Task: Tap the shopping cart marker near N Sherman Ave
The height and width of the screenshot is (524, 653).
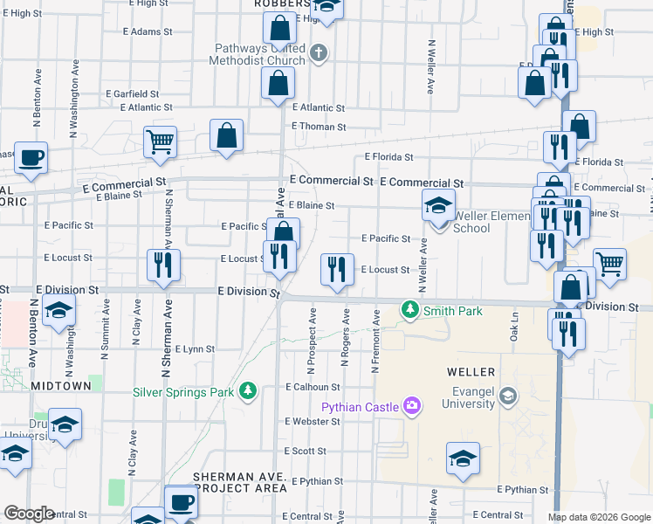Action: coord(160,142)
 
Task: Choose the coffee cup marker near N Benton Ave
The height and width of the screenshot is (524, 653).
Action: coord(31,158)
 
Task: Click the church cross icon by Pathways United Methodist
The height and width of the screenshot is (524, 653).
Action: coord(318,53)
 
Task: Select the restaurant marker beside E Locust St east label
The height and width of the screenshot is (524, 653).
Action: coord(337,269)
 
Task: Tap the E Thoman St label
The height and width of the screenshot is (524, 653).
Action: coord(319,127)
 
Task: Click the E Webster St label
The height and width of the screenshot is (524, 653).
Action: coord(313,421)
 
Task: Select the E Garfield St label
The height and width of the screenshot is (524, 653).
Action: coord(132,93)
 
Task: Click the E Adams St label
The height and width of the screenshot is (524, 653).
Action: coord(148,31)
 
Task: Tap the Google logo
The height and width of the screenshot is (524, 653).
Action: coord(29,514)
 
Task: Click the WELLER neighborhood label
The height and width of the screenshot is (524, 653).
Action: coord(471,372)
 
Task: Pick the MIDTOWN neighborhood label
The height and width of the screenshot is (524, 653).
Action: coord(60,385)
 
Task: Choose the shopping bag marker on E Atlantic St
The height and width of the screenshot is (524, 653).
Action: coord(278,84)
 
